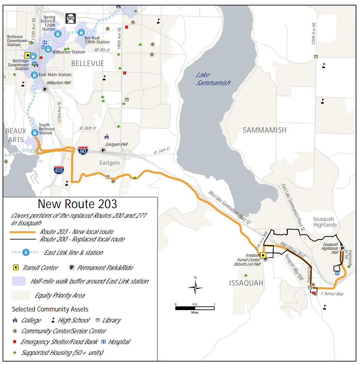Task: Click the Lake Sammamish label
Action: click(x=213, y=79)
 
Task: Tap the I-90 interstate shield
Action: click(x=83, y=151)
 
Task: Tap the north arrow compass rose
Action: click(x=196, y=287)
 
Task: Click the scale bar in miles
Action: click(x=195, y=308)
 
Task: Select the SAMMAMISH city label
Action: click(x=264, y=130)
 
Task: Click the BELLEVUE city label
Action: click(x=88, y=64)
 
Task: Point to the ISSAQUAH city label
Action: click(x=246, y=283)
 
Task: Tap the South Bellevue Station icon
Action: click(x=34, y=133)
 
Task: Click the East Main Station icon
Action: click(x=34, y=75)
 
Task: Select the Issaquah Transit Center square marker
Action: click(x=263, y=255)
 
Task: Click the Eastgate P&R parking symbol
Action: click(x=103, y=151)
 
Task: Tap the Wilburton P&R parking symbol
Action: click(x=45, y=89)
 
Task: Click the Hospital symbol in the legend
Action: click(x=103, y=342)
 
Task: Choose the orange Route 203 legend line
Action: click(x=23, y=232)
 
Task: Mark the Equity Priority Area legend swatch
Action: click(x=21, y=295)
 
